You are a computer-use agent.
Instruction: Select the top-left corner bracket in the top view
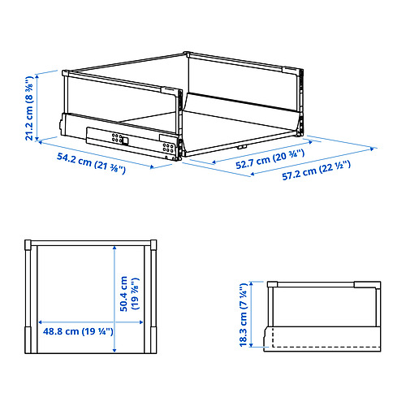30,245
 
